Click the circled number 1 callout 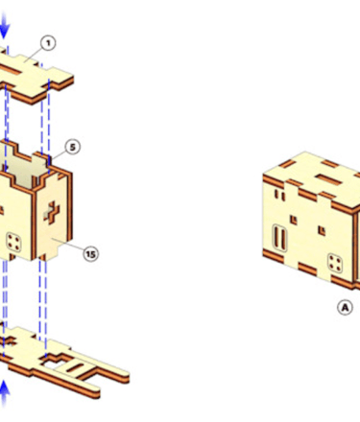48,43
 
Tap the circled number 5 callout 73,147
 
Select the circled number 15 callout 91,254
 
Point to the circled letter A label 345,308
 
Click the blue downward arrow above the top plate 4,25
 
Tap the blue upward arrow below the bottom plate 4,394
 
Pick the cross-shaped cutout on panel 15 52,212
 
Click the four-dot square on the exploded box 14,242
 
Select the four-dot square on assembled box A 335,264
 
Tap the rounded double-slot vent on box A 279,238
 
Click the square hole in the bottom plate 53,361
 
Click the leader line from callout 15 67,246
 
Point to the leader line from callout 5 59,154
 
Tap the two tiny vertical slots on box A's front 279,195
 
